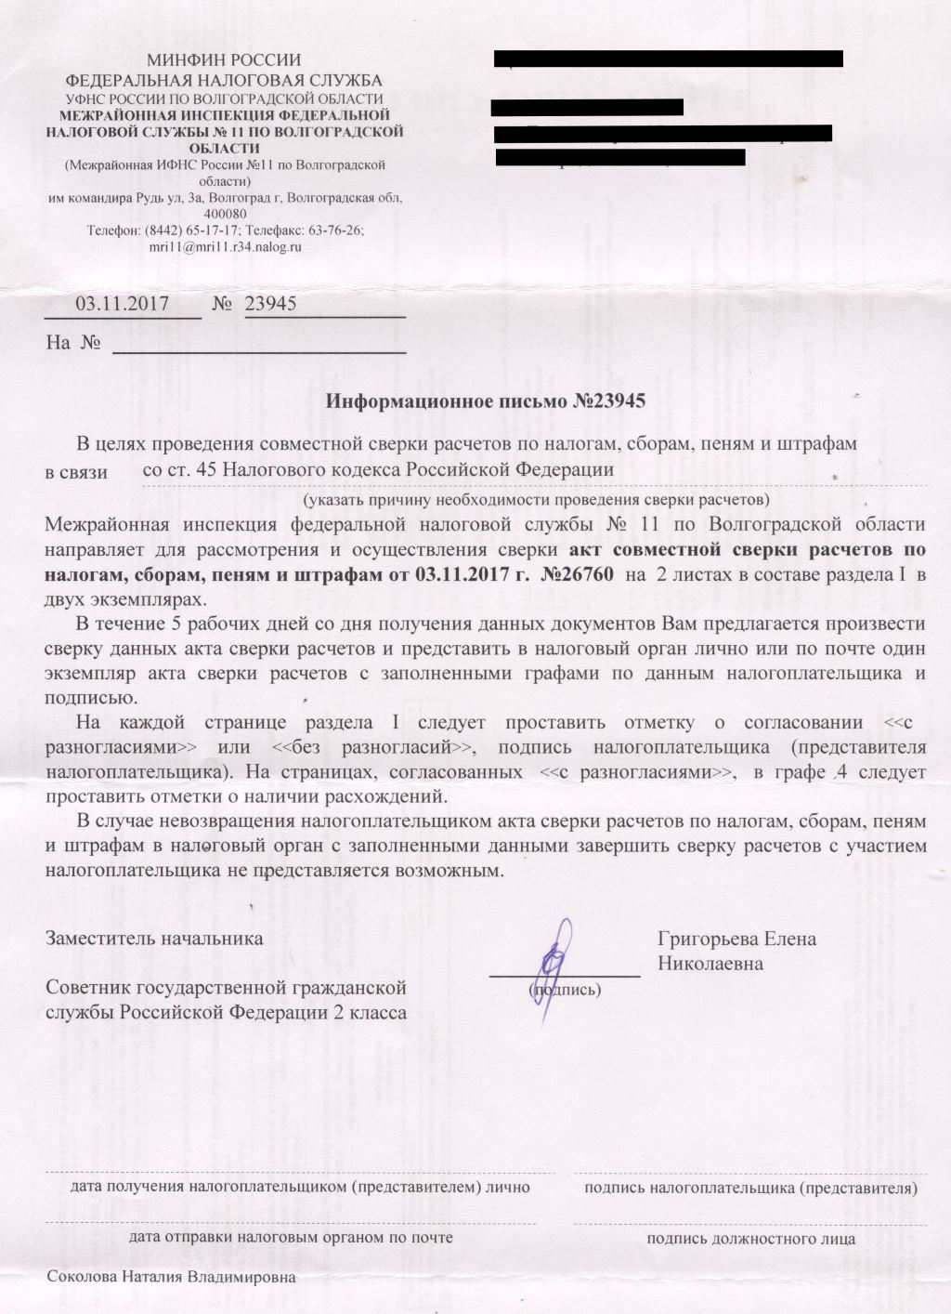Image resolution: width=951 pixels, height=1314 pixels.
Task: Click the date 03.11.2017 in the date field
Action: click(x=122, y=303)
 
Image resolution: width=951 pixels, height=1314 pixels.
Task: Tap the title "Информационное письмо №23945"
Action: click(x=485, y=401)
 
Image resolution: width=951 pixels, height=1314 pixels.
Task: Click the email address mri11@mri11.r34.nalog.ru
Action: click(x=225, y=247)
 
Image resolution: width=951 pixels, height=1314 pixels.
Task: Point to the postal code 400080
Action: click(x=225, y=215)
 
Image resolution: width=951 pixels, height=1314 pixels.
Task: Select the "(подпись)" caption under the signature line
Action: click(x=565, y=990)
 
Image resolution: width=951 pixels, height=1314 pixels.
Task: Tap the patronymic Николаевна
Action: click(x=710, y=964)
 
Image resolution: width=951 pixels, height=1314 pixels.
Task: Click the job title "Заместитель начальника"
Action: click(x=154, y=938)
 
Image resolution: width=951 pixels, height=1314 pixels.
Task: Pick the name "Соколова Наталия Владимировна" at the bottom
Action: click(x=171, y=1277)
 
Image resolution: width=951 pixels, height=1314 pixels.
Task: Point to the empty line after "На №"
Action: click(x=259, y=344)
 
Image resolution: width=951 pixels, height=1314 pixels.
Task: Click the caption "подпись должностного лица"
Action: click(x=751, y=1239)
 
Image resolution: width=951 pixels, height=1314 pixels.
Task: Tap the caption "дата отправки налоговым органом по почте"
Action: click(x=291, y=1237)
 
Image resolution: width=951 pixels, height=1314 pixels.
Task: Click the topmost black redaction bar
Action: click(x=669, y=59)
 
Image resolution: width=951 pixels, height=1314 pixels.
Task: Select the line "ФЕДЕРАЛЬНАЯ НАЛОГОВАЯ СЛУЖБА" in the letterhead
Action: click(x=225, y=80)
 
